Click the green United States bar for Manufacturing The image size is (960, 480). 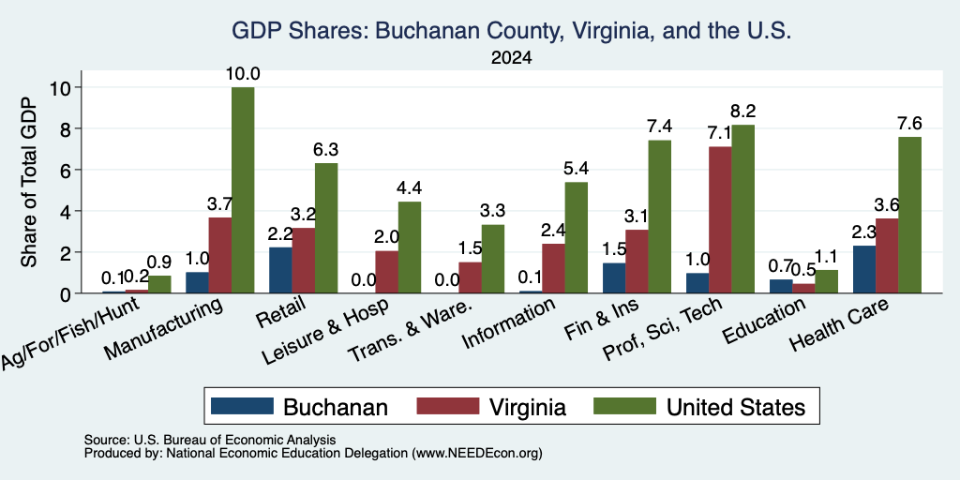pos(243,190)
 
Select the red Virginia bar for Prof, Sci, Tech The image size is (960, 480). pos(720,219)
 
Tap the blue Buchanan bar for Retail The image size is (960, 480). pos(280,270)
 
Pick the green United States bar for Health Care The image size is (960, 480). pos(909,215)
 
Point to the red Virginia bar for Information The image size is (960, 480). pos(553,268)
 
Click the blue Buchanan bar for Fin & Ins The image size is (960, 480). pos(614,277)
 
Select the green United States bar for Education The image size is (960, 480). pos(827,281)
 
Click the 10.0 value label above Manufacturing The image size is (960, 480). pos(243,74)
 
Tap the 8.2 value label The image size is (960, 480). pos(742,112)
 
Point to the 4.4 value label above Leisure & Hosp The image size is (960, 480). pos(409,187)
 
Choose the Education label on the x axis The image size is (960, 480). pos(763,322)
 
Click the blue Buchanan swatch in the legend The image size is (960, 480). pos(242,406)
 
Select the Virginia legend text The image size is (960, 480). pos(527,407)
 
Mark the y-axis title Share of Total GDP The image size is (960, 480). pos(29,181)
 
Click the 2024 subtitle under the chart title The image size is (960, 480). pos(511,58)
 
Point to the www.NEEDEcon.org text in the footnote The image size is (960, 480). pos(477,454)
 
